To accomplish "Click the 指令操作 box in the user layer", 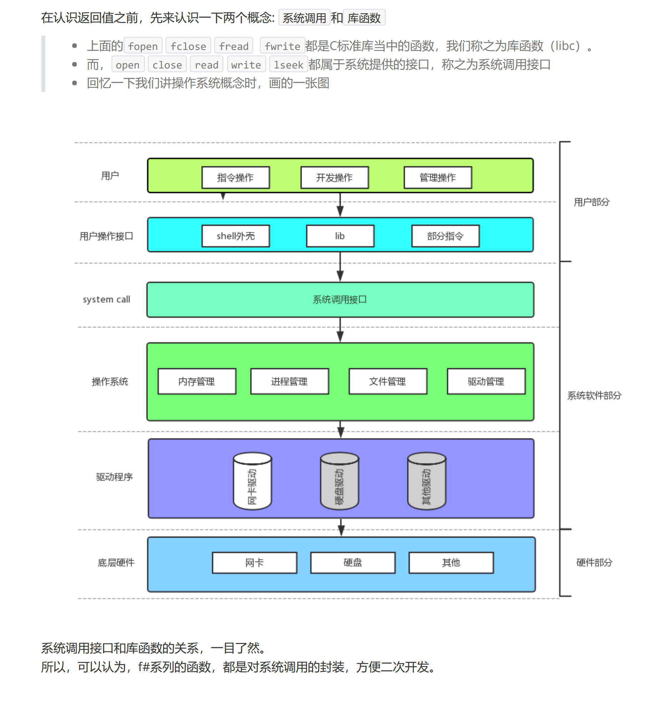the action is point(236,177).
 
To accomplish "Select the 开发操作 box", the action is point(334,177).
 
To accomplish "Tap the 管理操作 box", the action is point(438,177).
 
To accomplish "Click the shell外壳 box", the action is point(236,236).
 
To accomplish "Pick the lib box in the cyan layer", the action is point(340,236).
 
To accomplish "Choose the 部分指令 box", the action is point(445,236).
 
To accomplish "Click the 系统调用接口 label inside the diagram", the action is point(340,299).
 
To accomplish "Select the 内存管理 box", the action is point(197,381).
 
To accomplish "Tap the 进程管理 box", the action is point(290,381).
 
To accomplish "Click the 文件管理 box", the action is point(388,381).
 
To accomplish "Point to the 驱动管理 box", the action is point(486,381).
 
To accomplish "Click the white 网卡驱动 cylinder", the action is point(252,481).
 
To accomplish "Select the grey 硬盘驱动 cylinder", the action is point(339,481).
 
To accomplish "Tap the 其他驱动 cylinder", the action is point(427,481).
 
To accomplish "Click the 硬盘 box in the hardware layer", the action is point(353,563).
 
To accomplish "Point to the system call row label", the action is point(106,299).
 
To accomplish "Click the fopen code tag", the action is point(143,46).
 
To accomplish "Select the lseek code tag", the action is point(288,65).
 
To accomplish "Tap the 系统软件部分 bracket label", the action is point(594,395).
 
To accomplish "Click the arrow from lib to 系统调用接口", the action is point(340,267).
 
